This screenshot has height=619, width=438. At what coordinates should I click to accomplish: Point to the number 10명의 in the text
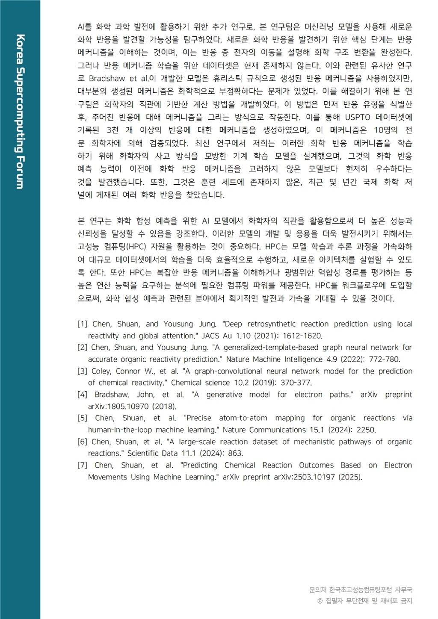(x=385, y=130)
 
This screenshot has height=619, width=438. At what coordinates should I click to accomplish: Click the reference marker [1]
(x=82, y=324)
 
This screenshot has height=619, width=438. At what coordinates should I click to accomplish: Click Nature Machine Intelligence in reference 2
(x=274, y=360)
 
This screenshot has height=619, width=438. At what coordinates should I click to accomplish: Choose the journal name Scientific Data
(x=152, y=454)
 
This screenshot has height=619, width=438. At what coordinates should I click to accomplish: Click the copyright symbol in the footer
(x=320, y=601)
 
